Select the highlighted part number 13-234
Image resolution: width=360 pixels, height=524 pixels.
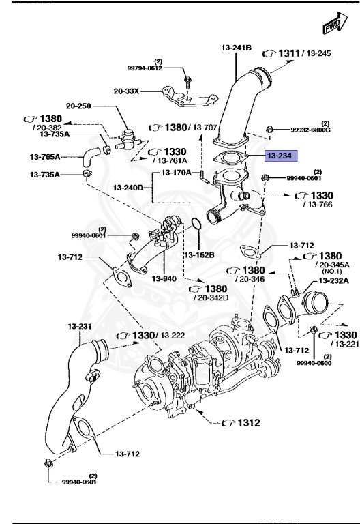coord(280,156)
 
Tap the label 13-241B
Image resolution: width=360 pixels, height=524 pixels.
coord(237,48)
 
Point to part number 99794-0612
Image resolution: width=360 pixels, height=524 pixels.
coord(145,68)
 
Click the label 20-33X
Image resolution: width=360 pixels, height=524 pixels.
coord(128,89)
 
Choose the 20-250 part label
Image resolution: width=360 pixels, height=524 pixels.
coord(79,106)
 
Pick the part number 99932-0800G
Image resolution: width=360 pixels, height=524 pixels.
coord(310,130)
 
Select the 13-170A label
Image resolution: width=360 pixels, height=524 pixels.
coord(177,173)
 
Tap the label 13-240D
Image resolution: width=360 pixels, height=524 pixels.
coord(128,187)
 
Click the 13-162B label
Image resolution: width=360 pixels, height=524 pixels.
coord(198,254)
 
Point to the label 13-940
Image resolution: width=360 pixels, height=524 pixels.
coord(164,278)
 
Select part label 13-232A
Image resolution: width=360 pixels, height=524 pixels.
coord(333,280)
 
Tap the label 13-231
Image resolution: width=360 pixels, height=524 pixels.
coord(80,327)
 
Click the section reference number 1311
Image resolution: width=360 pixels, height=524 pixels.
coord(290,53)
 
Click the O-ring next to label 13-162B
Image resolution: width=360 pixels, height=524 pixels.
coord(194,225)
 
